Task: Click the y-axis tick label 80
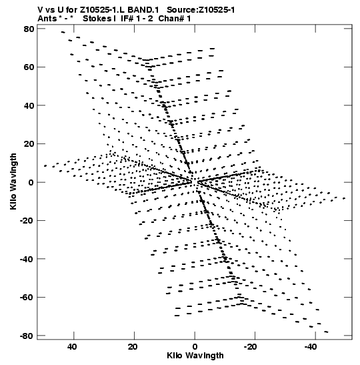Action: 29,29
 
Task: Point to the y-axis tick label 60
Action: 29,67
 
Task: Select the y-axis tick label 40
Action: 29,105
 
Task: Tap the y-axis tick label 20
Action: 29,144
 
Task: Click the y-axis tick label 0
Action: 31,182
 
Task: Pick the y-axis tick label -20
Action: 27,220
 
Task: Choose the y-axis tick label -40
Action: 27,259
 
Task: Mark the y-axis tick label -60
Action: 27,297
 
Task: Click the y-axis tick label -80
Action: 27,336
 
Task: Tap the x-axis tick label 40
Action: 72,347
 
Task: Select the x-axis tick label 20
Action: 132,347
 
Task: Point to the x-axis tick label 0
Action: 195,347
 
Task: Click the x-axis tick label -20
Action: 250,347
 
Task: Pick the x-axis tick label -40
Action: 311,347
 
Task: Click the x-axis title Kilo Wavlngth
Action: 195,356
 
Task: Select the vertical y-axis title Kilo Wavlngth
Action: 13,181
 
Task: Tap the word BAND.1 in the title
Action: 143,10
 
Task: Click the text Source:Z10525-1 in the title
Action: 201,10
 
